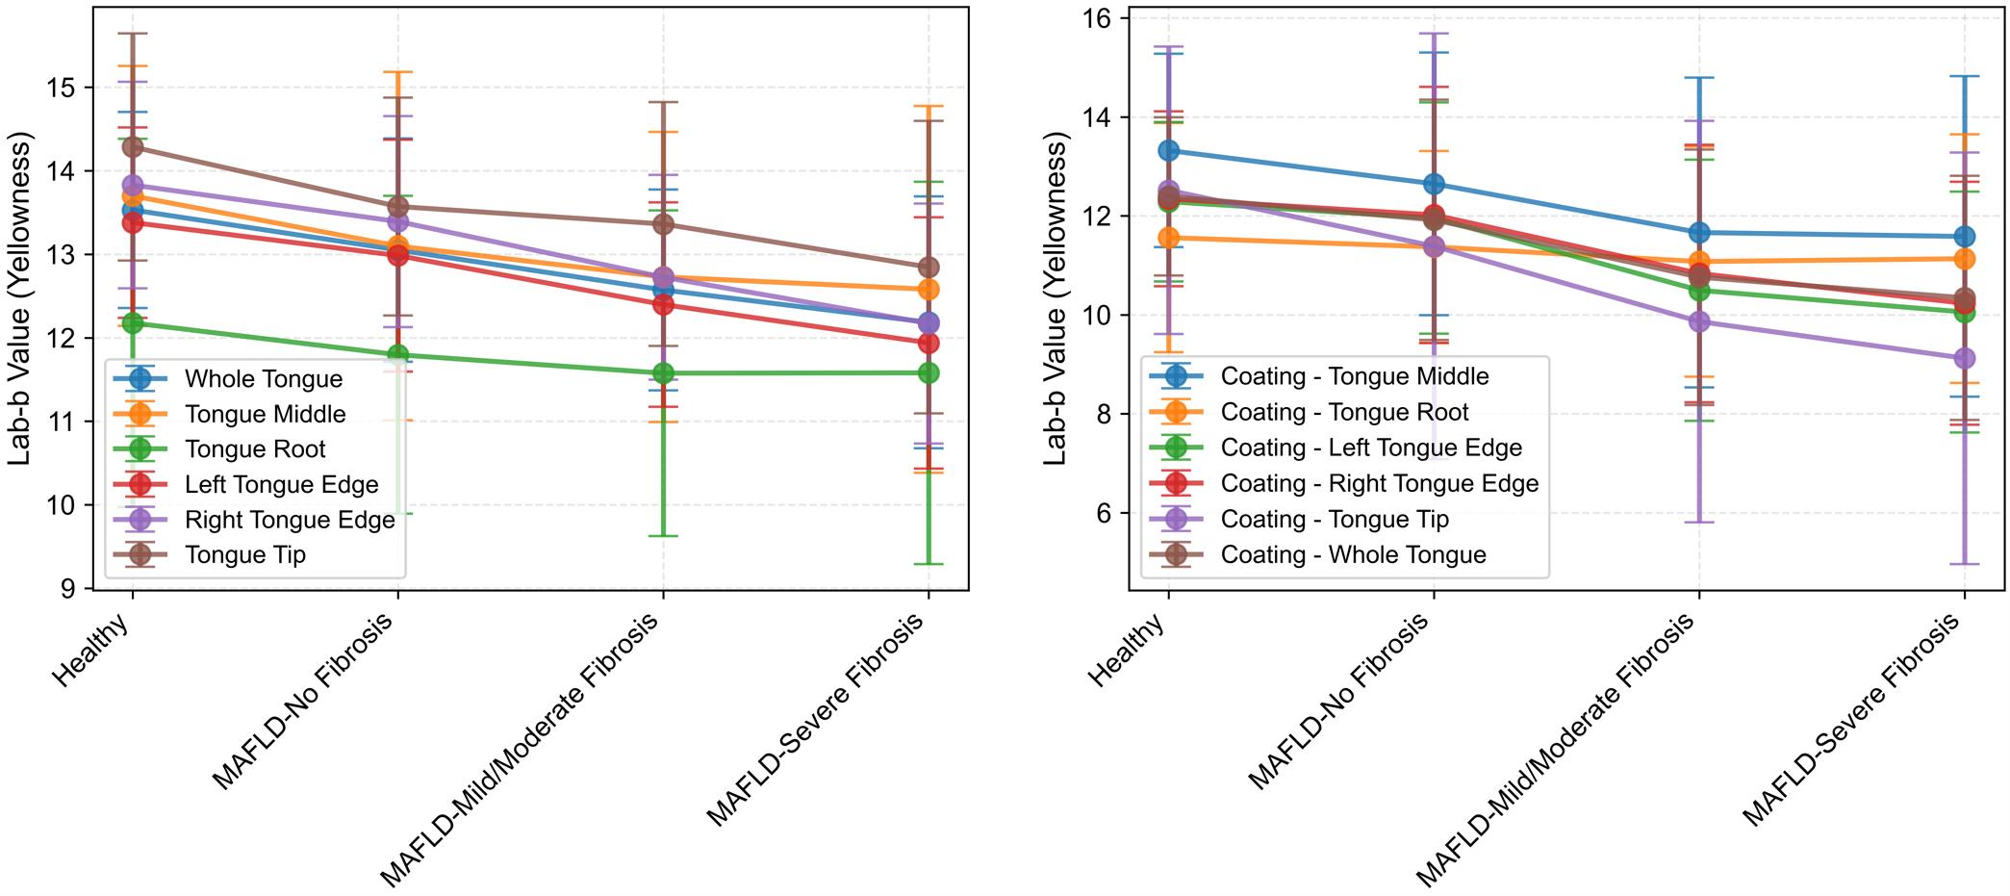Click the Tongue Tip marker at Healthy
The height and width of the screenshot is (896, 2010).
coord(133,147)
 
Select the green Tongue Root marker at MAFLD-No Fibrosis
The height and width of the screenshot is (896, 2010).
coord(397,355)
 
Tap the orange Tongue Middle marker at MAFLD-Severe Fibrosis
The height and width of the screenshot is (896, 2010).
coord(929,289)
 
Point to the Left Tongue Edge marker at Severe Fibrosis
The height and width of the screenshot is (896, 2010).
coord(929,343)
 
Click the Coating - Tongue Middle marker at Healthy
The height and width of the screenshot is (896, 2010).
coord(1169,150)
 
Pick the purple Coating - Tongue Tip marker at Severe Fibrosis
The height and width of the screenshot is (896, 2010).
coord(1964,358)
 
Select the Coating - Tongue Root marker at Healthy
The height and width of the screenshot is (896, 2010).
coord(1169,237)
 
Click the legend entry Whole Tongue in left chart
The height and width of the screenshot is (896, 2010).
coord(263,379)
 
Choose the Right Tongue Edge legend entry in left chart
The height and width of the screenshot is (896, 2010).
coord(289,520)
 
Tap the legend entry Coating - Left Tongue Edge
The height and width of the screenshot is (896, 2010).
coord(1370,448)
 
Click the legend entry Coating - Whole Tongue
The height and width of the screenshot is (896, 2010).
coord(1353,554)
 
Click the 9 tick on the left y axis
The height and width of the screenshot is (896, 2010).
coord(72,588)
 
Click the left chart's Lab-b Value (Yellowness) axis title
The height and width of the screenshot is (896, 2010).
coord(21,298)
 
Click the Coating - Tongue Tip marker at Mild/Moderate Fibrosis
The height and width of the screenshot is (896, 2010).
coord(1699,321)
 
